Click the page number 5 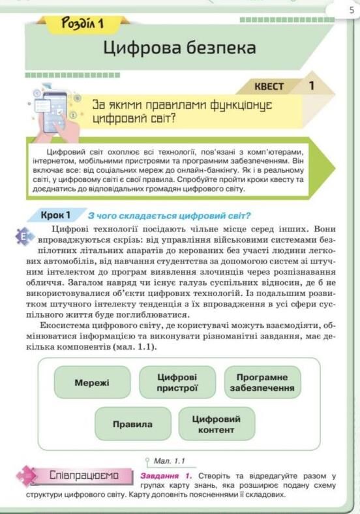[352, 10]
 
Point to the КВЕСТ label [269, 86]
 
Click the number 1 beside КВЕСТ [311, 85]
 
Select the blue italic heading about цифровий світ [169, 216]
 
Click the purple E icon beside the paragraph [24, 236]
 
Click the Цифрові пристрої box [177, 382]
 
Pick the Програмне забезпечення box [262, 382]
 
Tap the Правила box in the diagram [132, 424]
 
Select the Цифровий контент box [216, 424]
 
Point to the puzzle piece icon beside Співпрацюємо [27, 476]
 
